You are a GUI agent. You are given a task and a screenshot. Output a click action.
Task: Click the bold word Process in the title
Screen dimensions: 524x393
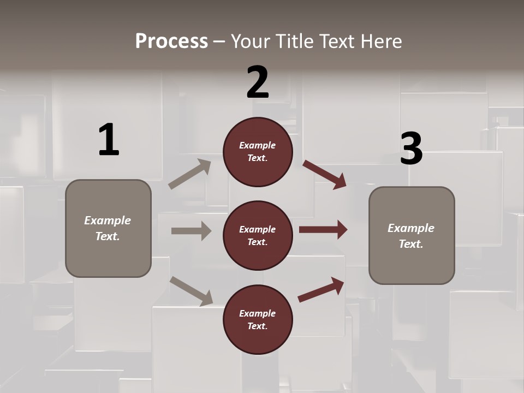tap(171, 41)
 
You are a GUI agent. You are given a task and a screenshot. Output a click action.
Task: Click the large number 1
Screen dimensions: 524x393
tap(109, 140)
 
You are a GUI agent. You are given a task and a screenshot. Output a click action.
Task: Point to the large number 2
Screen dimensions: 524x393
tap(258, 83)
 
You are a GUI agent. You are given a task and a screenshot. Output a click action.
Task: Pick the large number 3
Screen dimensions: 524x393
tap(411, 149)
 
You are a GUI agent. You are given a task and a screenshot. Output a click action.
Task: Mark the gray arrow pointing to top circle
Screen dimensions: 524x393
tap(190, 174)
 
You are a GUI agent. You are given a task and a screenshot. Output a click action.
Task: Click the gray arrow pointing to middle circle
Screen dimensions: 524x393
tap(191, 231)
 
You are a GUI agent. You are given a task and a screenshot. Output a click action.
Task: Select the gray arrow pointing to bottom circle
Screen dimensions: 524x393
tap(191, 290)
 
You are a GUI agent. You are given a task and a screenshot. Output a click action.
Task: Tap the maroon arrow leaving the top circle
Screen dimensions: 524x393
tap(325, 174)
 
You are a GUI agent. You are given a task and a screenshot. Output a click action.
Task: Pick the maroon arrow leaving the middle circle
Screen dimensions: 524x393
tap(323, 230)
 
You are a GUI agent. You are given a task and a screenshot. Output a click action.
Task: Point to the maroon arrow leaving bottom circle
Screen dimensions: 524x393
tap(321, 289)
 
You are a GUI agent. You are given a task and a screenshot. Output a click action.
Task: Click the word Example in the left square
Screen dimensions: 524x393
tap(108, 221)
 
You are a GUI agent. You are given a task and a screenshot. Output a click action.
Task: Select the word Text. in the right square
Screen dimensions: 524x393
tap(411, 244)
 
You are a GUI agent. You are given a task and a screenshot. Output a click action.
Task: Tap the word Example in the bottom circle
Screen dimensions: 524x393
tap(258, 313)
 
